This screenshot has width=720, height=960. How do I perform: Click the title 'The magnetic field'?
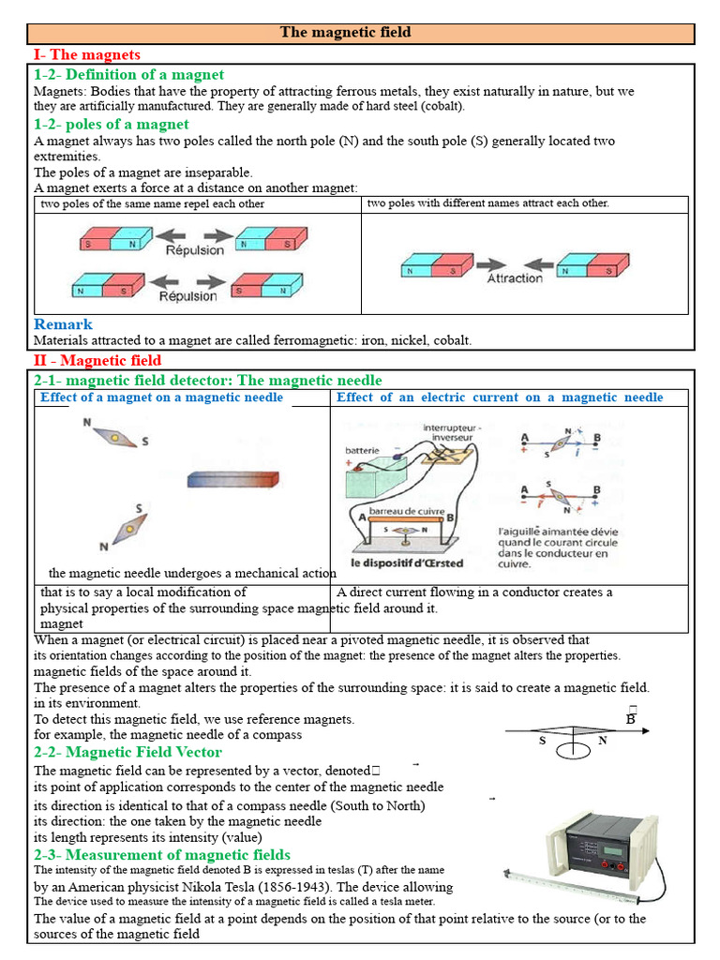point(345,33)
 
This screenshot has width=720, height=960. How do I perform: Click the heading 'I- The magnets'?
point(86,54)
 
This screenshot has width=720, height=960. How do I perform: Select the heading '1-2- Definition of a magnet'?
point(128,74)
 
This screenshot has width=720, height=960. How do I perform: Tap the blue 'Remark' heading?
point(64,324)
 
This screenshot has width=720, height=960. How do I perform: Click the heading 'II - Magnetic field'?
point(97,360)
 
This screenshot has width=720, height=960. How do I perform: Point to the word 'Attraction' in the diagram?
point(514,278)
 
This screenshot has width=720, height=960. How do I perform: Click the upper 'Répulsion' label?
point(195,250)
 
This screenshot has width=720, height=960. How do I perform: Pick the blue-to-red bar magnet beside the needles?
point(232,479)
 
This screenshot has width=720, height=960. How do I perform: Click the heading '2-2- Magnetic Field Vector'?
point(127,752)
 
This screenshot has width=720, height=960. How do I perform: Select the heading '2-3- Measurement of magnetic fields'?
point(162,854)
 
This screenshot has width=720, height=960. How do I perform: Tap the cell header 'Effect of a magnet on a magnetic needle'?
point(161,397)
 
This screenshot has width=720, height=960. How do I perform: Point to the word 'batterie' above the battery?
point(363,450)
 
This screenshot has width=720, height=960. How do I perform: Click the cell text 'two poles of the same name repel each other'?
point(152,203)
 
